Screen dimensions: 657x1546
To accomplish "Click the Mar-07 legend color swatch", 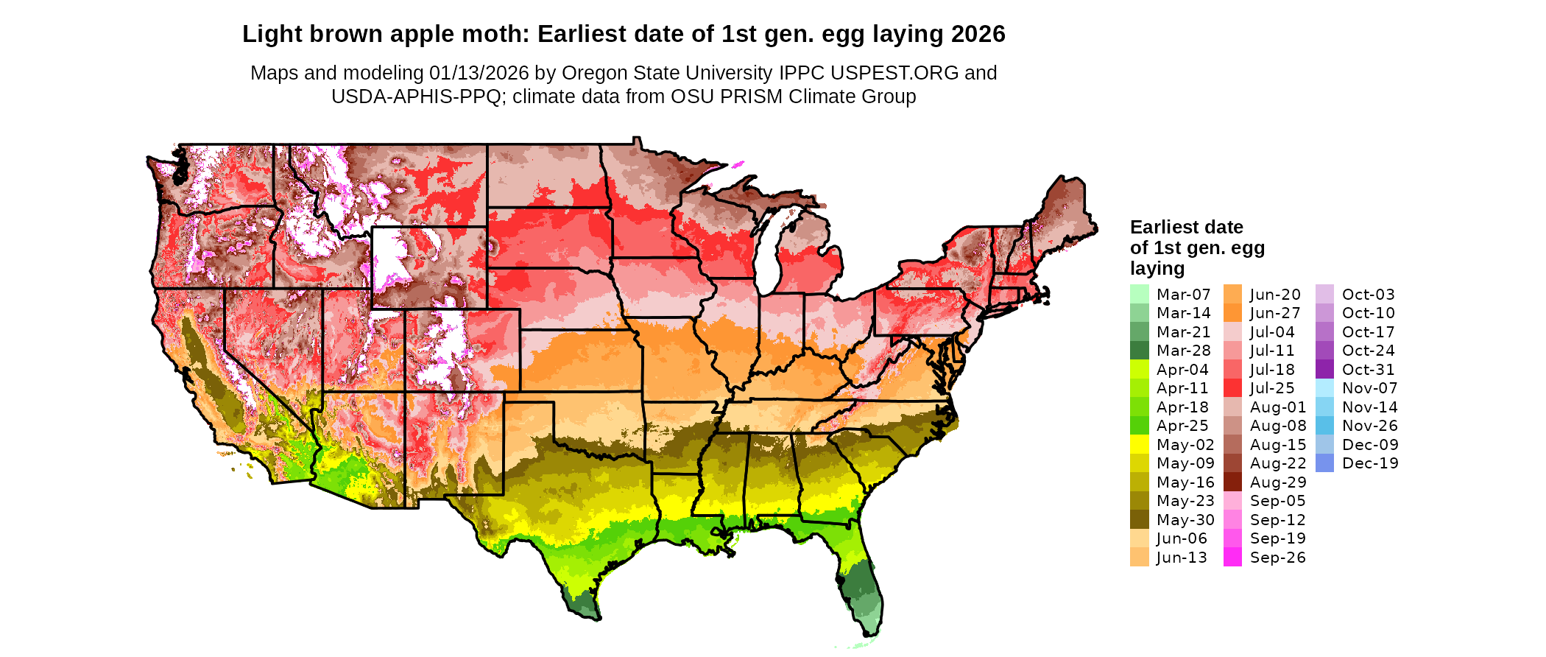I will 1139,294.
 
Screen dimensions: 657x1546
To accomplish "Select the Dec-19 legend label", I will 1369,463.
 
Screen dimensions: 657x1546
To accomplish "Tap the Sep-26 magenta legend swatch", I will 1232,558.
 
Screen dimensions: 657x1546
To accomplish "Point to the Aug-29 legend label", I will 1278,482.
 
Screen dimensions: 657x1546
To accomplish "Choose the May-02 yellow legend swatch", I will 1139,445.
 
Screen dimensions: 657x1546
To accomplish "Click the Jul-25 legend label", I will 1272,388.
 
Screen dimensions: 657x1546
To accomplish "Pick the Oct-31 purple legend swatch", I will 1324,370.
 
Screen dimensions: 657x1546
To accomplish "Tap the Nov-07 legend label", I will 1369,388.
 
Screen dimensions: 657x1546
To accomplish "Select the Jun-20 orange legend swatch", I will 1232,294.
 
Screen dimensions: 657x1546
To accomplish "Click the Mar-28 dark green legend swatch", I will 1139,351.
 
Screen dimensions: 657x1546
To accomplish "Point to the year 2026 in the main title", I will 978,34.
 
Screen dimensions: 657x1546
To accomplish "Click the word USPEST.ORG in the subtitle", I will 894,73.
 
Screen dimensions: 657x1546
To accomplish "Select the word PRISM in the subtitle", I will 755,96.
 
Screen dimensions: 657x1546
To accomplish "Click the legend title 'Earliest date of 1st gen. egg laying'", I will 1197,247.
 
